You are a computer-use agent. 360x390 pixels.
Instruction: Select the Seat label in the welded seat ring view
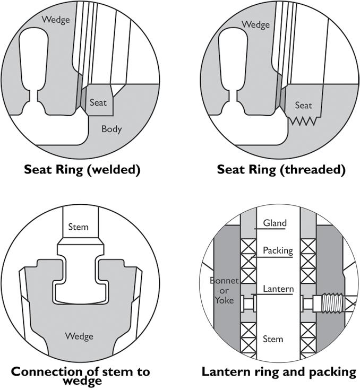[x=98, y=101]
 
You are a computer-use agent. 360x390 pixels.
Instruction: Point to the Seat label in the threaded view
[x=303, y=105]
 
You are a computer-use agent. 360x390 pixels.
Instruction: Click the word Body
[x=112, y=129]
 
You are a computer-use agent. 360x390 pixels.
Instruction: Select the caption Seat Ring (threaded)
[x=281, y=170]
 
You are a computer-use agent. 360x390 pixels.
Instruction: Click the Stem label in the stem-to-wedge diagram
[x=78, y=228]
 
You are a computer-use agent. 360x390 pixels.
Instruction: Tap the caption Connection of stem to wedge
[x=81, y=376]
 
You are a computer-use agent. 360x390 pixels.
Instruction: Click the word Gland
[x=276, y=223]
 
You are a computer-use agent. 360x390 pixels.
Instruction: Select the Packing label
[x=278, y=250]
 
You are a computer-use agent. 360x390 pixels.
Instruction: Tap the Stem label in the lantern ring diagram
[x=273, y=339]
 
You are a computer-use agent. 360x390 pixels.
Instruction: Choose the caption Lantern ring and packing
[x=279, y=372]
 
